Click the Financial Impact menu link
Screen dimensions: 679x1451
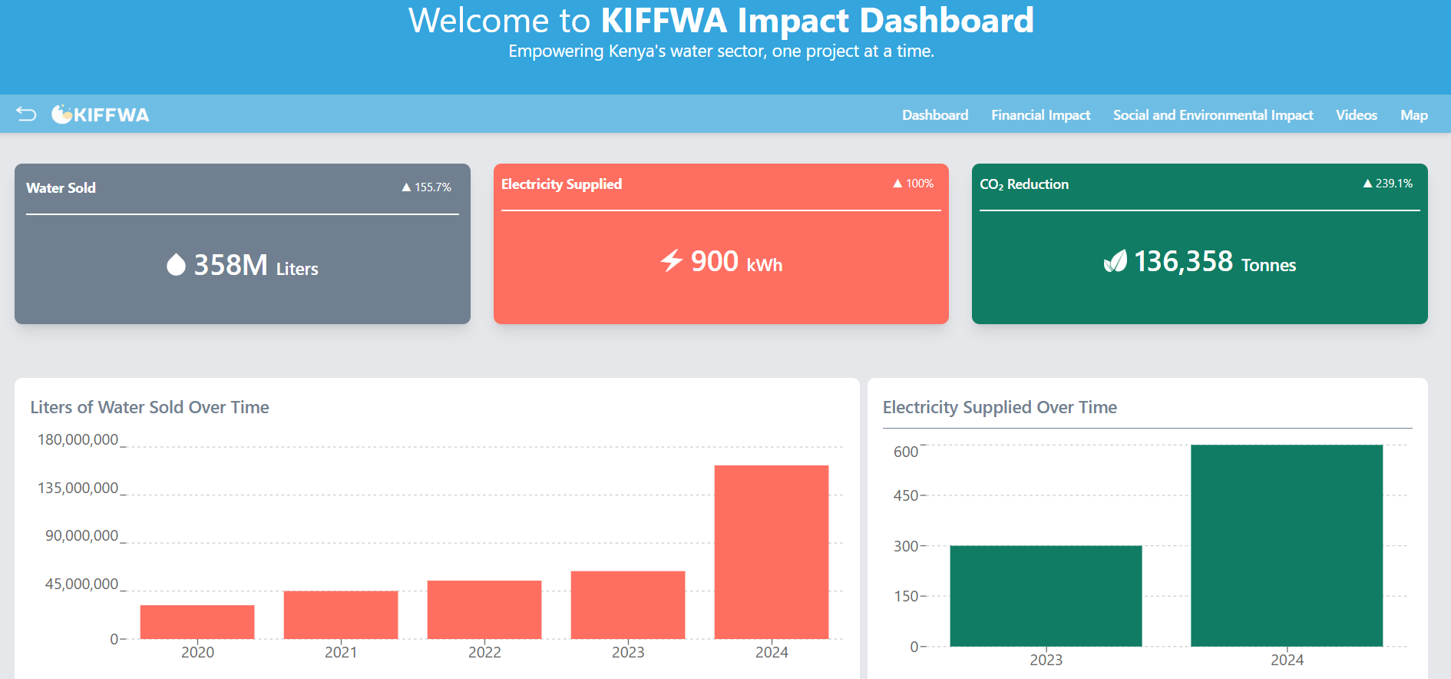(x=1040, y=115)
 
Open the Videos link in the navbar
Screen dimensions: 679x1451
(x=1356, y=115)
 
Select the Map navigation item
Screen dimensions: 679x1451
(x=1413, y=115)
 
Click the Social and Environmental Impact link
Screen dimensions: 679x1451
(x=1213, y=115)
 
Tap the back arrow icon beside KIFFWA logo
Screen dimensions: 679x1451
(x=26, y=114)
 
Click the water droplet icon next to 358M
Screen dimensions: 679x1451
(x=176, y=265)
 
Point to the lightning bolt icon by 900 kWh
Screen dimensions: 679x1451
(x=672, y=260)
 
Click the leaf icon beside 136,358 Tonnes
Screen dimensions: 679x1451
(x=1115, y=262)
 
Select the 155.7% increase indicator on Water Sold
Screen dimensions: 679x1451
(x=427, y=187)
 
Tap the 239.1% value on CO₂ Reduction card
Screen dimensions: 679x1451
(x=1388, y=184)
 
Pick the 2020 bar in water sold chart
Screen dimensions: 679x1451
(x=197, y=622)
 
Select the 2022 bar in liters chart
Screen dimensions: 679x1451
(x=484, y=610)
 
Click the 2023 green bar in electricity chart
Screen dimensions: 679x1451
(x=1046, y=596)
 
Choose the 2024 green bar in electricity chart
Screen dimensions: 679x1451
(x=1287, y=545)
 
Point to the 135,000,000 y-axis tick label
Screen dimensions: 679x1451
(x=78, y=489)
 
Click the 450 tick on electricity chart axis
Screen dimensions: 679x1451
(x=906, y=496)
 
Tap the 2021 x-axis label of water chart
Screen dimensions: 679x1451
(x=341, y=652)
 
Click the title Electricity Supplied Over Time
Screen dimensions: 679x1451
(x=1000, y=407)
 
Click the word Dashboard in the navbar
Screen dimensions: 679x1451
(x=934, y=115)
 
